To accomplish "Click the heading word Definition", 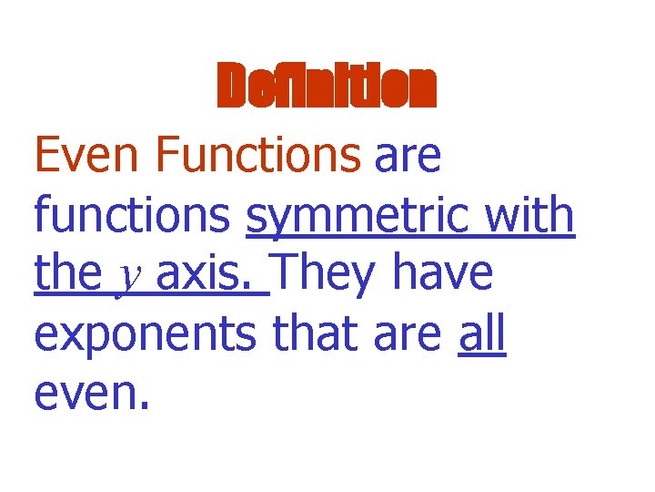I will tap(327, 87).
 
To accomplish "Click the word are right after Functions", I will tap(408, 157).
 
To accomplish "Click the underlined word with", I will tap(529, 215).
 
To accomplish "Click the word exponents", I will tap(146, 335).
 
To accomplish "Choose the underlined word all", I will tap(481, 333).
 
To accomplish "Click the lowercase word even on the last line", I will tap(84, 395).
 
